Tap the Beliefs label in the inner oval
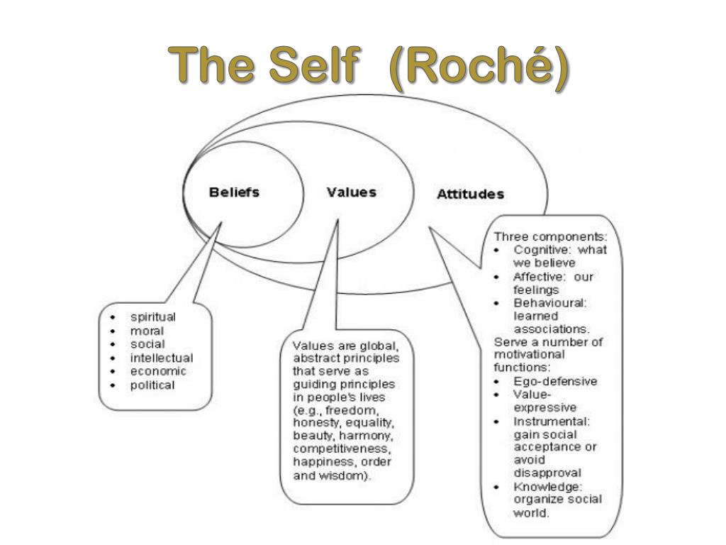(234, 192)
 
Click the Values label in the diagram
(351, 192)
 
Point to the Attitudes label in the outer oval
(470, 194)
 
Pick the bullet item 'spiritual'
(152, 316)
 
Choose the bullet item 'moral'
(147, 330)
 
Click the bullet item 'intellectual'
(162, 358)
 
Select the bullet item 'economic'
(157, 371)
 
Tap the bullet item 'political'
(152, 385)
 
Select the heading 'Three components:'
(551, 236)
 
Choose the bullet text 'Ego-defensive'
(555, 381)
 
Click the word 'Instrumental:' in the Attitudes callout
(551, 421)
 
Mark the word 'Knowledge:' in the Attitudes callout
(547, 486)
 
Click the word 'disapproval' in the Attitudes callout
(547, 473)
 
